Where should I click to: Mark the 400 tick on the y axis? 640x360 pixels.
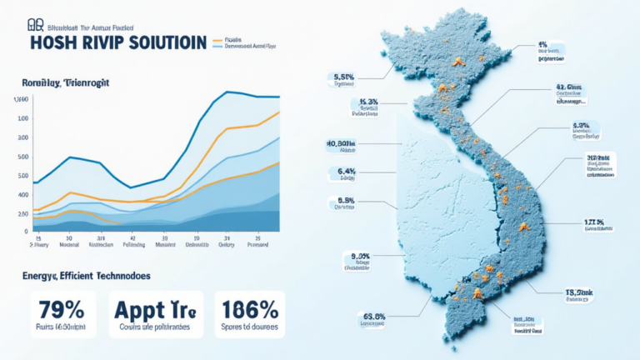point(22,195)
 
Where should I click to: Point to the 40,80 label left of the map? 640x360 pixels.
point(337,143)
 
